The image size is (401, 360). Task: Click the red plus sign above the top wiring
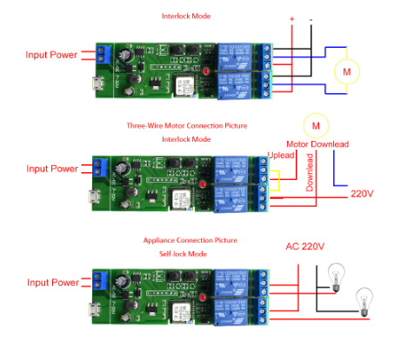pyautogui.click(x=291, y=19)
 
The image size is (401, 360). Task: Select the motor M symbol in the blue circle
pyautogui.click(x=347, y=70)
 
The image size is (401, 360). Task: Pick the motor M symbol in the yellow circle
pyautogui.click(x=315, y=124)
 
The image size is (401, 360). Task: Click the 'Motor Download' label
pyautogui.click(x=319, y=144)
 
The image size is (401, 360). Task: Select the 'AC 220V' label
pyautogui.click(x=304, y=246)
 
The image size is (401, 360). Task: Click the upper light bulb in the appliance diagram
pyautogui.click(x=331, y=276)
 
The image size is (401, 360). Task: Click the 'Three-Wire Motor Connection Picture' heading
pyautogui.click(x=188, y=126)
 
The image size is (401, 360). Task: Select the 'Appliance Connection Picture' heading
pyautogui.click(x=189, y=239)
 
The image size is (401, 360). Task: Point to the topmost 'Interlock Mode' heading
pyautogui.click(x=187, y=16)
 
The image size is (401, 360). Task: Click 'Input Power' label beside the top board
pyautogui.click(x=51, y=55)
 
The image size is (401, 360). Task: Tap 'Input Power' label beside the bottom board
pyautogui.click(x=51, y=283)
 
